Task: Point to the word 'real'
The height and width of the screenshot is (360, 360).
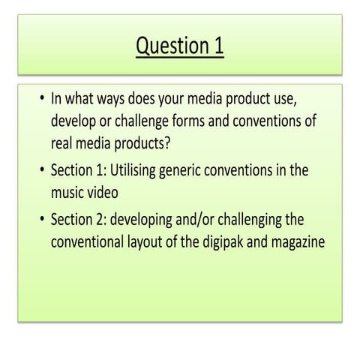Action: click(64, 143)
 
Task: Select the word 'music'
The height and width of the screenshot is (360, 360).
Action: click(70, 192)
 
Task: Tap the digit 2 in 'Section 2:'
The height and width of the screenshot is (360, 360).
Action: click(101, 220)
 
